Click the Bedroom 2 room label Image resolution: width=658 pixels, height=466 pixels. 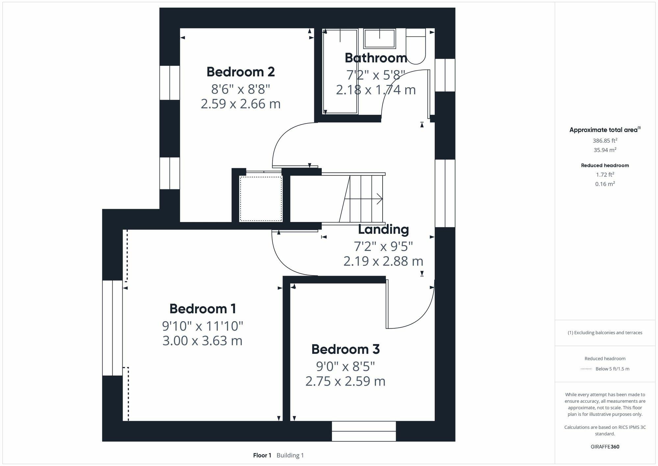(x=240, y=72)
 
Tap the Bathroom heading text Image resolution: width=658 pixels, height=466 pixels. (x=376, y=58)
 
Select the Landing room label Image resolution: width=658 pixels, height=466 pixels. (x=383, y=230)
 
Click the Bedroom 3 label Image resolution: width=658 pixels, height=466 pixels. (x=345, y=349)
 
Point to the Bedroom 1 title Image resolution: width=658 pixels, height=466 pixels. (x=203, y=309)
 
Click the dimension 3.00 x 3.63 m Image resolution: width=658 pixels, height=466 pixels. (x=202, y=341)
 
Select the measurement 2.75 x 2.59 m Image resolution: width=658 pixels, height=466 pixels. (x=345, y=381)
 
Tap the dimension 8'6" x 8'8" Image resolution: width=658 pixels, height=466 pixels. (x=240, y=89)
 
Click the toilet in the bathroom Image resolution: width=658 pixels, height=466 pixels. (x=416, y=46)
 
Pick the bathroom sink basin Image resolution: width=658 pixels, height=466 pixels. (x=379, y=39)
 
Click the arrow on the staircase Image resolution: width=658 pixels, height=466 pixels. (x=379, y=199)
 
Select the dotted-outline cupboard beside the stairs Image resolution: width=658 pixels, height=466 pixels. (x=261, y=199)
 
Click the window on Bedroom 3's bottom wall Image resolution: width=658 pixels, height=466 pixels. (x=364, y=431)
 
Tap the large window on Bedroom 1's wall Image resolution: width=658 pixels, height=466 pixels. (x=112, y=328)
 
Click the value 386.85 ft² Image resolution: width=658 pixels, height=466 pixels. (x=605, y=141)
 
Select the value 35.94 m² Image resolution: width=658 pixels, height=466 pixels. (x=605, y=150)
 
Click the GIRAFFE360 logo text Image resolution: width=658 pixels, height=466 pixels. (x=605, y=447)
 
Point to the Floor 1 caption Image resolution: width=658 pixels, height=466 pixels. (x=262, y=455)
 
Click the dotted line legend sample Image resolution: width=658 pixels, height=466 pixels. (x=586, y=369)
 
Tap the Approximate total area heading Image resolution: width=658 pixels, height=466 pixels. (x=604, y=130)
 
